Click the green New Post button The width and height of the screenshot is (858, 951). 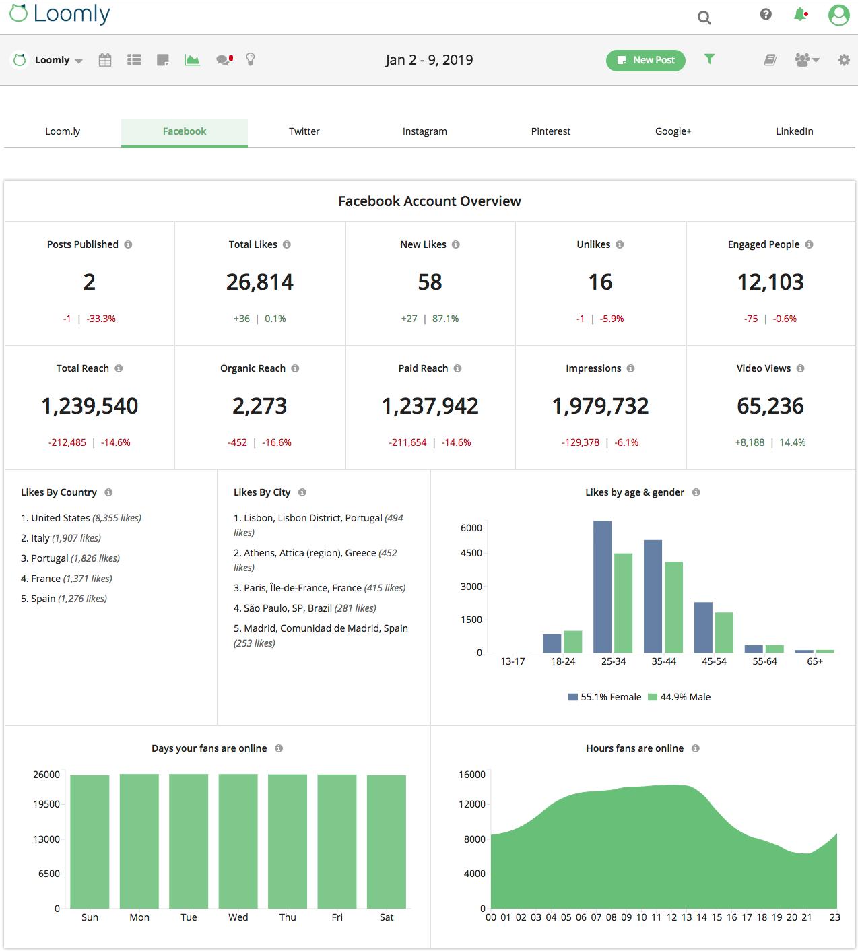pos(645,60)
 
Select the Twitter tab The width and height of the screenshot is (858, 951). pos(304,131)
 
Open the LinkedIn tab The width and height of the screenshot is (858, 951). pos(794,131)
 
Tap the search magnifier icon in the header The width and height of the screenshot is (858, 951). pos(704,18)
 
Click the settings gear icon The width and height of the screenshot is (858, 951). pos(844,60)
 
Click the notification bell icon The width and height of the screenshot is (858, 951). pos(800,15)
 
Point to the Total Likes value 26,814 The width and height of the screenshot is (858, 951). pos(260,282)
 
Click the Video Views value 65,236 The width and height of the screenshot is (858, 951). pos(770,406)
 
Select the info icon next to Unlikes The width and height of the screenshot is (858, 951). pos(620,244)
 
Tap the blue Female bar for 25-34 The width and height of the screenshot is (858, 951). pos(602,586)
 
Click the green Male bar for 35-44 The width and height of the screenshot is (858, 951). pos(673,606)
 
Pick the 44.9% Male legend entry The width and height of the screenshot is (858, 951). pos(680,697)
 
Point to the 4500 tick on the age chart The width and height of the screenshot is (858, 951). pos(471,553)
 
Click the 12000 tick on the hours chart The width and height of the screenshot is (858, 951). pos(472,804)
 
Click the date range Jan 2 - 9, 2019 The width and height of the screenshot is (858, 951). pos(429,60)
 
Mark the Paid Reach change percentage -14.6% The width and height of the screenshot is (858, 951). pos(456,442)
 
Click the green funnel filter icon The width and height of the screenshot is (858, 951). pos(709,59)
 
